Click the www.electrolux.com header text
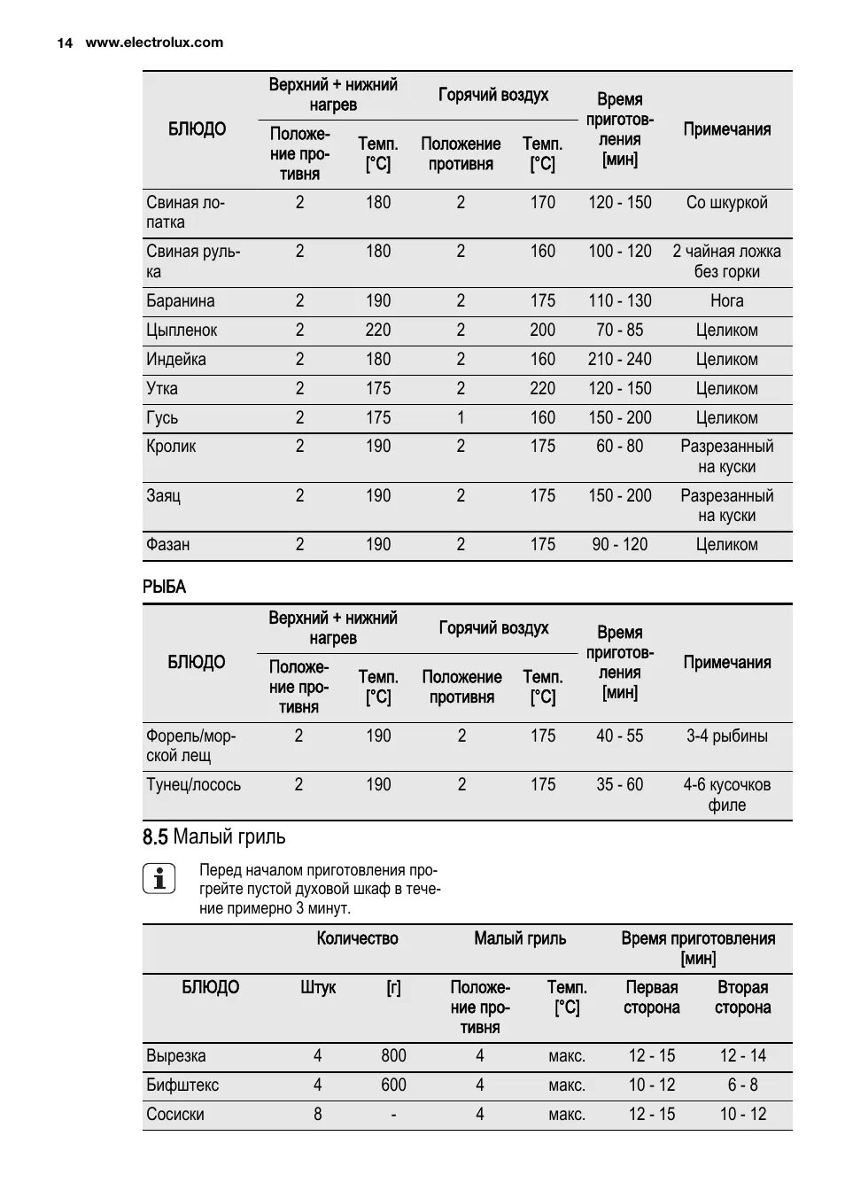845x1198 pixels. click(x=154, y=43)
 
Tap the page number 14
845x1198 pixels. click(x=65, y=43)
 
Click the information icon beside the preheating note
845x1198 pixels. click(x=159, y=878)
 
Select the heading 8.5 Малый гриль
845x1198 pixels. click(x=213, y=836)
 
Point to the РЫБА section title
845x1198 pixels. click(x=165, y=587)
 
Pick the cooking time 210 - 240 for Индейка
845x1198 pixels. click(x=619, y=360)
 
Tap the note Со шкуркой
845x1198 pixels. click(x=726, y=203)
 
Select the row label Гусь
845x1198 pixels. click(x=162, y=418)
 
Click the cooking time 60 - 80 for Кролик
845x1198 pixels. click(x=619, y=447)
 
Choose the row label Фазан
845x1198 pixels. click(x=167, y=545)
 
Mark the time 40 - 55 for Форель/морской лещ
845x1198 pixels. click(x=619, y=736)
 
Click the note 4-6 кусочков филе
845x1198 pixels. click(x=726, y=795)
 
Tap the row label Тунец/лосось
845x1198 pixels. click(x=193, y=785)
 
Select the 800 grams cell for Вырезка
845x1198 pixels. click(x=393, y=1056)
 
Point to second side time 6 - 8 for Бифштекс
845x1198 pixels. click(x=742, y=1085)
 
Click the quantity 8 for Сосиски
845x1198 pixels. click(x=317, y=1115)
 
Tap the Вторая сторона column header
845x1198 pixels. click(x=742, y=998)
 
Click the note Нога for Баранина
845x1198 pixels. click(x=726, y=301)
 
